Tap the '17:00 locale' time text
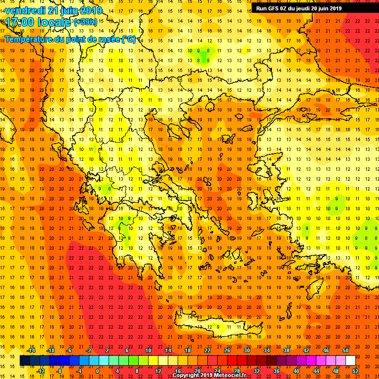point(38,22)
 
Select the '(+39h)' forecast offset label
point(86,22)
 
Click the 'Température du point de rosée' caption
point(70,39)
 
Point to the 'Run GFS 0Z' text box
point(299,8)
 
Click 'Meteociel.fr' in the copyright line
point(230,375)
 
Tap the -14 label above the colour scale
point(32,350)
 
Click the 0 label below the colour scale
point(97,371)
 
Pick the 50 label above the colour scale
point(345,350)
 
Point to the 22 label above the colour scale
point(207,350)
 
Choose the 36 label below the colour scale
point(276,371)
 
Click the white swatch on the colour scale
point(350,360)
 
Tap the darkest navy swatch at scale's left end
point(25,360)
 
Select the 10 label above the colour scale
point(148,350)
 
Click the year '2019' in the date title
point(91,10)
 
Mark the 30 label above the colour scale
point(247,350)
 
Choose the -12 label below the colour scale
point(40,371)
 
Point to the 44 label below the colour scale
point(316,371)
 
